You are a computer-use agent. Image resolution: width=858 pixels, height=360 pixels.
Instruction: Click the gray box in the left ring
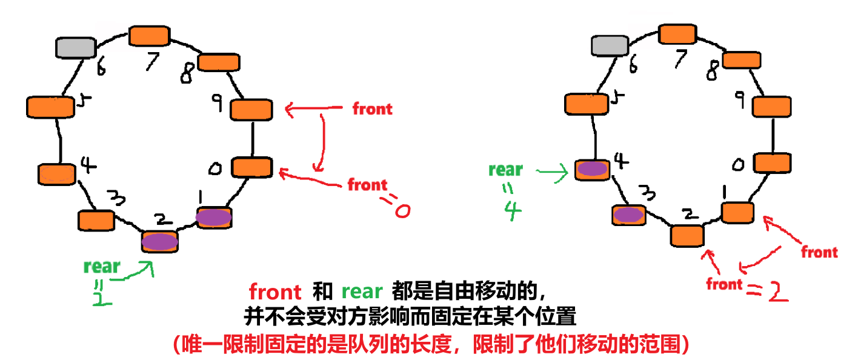(76, 47)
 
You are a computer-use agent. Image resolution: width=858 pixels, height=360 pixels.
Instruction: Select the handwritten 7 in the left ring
(150, 61)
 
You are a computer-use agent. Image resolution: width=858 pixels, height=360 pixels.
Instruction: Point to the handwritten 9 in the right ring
(739, 98)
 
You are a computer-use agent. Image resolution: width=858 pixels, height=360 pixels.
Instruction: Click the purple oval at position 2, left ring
(160, 241)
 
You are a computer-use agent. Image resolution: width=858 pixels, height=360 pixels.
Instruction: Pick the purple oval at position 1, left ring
(213, 218)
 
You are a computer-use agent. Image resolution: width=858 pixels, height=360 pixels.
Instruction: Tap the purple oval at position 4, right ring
(591, 169)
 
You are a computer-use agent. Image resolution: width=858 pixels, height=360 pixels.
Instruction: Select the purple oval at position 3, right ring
(628, 214)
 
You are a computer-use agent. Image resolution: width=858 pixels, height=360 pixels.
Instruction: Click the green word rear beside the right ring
(505, 170)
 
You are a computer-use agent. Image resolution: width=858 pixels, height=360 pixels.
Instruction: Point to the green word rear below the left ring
(102, 266)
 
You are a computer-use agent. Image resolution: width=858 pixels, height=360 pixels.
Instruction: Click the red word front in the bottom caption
(275, 292)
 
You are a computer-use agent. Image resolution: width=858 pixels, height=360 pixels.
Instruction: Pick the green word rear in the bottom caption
(362, 292)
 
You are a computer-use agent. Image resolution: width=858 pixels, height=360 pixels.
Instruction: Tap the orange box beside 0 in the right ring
(772, 162)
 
